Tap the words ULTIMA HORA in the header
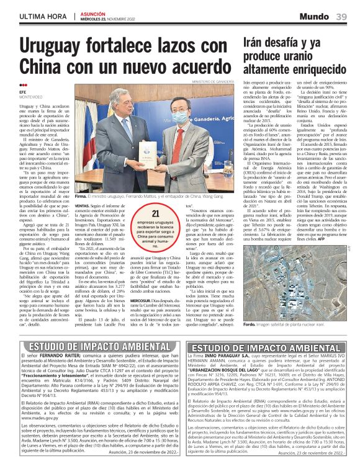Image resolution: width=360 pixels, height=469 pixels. (40, 16)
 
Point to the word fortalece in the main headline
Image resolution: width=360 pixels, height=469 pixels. (124, 45)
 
